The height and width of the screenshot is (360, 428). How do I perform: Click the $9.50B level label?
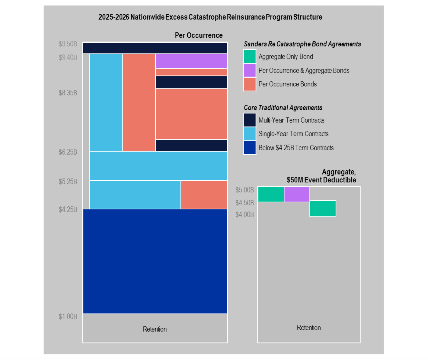click(68, 44)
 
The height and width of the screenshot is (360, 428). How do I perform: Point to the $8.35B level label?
click(68, 93)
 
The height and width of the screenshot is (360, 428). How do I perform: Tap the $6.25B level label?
click(68, 152)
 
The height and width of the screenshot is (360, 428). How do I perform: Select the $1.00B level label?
click(68, 317)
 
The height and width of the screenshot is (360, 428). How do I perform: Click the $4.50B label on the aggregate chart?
click(244, 203)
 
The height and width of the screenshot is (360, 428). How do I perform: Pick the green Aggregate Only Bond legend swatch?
click(250, 56)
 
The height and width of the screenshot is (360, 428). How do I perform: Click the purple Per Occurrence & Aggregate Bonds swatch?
click(250, 70)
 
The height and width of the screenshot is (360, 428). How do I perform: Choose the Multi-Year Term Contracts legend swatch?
click(250, 120)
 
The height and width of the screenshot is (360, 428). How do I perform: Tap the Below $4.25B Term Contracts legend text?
click(296, 148)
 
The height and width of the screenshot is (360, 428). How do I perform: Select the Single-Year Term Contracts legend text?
click(293, 134)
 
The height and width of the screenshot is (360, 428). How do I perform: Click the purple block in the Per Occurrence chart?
click(191, 61)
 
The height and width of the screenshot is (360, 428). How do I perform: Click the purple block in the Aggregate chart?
click(297, 194)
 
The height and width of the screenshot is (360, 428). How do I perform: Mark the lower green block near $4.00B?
click(323, 208)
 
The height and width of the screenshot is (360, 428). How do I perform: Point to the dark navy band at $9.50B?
click(155, 48)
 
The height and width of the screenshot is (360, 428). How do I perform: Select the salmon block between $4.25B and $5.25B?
click(204, 195)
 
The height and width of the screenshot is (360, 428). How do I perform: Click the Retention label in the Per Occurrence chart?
click(155, 329)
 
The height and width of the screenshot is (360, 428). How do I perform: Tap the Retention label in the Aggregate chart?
click(309, 328)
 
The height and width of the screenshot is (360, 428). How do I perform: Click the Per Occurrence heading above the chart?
click(199, 35)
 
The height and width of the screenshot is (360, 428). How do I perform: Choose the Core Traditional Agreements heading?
click(283, 108)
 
